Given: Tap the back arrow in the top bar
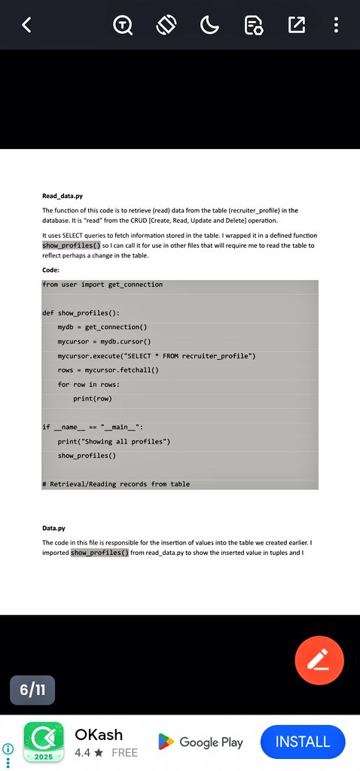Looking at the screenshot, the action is (27, 25).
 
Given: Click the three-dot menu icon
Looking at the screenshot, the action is (336, 25).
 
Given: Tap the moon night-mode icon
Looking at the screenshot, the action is (209, 25).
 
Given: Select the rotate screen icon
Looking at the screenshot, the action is (166, 25).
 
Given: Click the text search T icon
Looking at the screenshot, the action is (123, 25).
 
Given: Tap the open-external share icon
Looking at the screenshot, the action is (297, 25).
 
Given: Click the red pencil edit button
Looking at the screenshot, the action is (319, 660).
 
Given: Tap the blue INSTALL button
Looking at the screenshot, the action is (303, 742).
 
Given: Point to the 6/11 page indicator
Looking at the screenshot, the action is (32, 690).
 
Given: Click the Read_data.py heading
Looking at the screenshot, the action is (63, 196).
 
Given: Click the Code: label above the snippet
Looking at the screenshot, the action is (51, 269).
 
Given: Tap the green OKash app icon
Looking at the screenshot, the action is (43, 743).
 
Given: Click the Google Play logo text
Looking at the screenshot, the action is (201, 742).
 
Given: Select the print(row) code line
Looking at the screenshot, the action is (93, 398).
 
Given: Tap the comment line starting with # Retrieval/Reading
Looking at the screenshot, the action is (116, 484).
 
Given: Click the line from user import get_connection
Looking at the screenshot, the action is (102, 284).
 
